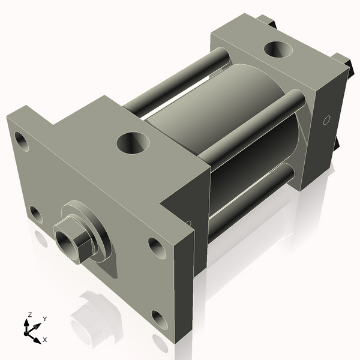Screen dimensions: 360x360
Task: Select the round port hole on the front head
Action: [133, 143]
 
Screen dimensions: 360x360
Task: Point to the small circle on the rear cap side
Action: [326, 120]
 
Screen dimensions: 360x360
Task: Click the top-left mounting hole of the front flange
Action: [22, 142]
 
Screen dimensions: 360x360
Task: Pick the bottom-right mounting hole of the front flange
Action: [160, 319]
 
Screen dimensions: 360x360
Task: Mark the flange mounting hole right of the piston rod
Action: [155, 246]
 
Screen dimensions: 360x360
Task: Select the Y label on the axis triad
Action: [44, 319]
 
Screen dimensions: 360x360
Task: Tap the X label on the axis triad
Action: [44, 340]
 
